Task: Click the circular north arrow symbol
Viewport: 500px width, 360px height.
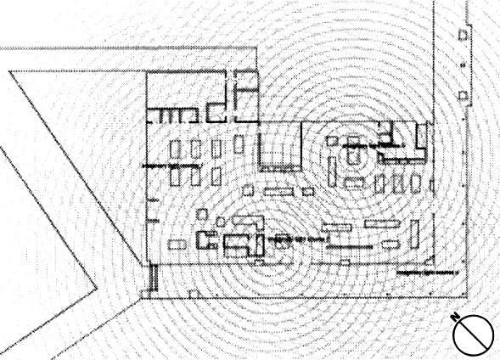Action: click(x=473, y=335)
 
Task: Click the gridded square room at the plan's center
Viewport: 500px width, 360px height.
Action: click(x=279, y=147)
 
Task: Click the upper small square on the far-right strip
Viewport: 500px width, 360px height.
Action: click(x=463, y=35)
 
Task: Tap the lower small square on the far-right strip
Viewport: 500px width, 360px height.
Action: click(x=463, y=95)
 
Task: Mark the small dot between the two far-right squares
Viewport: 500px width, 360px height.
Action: click(x=463, y=65)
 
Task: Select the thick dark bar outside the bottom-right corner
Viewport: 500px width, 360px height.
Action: click(x=427, y=273)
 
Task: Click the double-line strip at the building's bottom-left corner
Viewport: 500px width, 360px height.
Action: click(x=154, y=278)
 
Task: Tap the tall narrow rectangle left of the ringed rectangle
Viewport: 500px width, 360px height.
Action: click(x=332, y=172)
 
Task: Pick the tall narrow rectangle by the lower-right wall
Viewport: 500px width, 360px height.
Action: click(x=414, y=233)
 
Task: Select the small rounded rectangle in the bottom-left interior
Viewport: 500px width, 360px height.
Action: click(x=177, y=245)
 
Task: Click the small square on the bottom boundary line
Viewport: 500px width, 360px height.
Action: click(x=193, y=294)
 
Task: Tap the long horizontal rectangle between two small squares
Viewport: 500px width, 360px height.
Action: click(x=278, y=191)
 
